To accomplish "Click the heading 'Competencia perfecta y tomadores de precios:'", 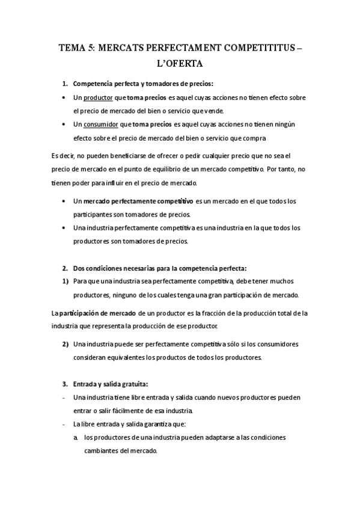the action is pos(143,83).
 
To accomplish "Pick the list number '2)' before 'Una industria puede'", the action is pos(65,344).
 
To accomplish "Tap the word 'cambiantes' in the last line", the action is pos(101,451).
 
